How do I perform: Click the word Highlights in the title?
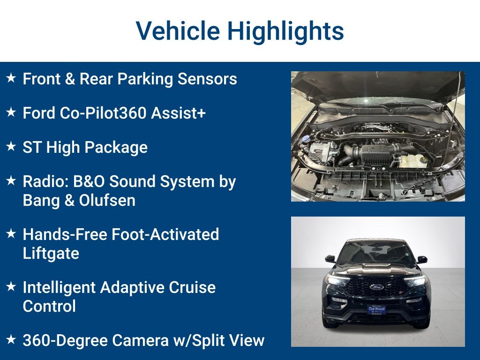tap(285, 31)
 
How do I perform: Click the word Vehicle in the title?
tap(178, 31)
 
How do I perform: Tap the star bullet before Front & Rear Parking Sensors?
tap(11, 78)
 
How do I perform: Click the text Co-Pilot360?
tap(105, 113)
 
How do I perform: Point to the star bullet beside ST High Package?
tap(11, 146)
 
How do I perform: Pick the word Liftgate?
tap(51, 254)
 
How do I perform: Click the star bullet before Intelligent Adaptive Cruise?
tap(11, 286)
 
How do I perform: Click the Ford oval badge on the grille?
tap(376, 287)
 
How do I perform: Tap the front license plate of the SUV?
tap(376, 310)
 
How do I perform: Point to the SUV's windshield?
tap(376, 254)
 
